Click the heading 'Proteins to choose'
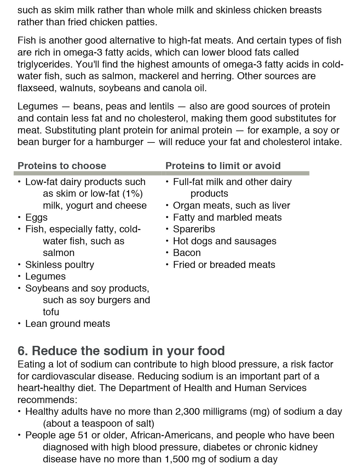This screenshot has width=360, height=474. [62, 166]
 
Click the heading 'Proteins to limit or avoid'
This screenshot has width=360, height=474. [223, 166]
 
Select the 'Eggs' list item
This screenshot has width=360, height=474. [36, 218]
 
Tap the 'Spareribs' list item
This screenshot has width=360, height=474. [194, 229]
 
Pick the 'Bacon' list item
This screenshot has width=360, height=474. [187, 253]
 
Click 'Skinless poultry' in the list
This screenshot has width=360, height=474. [60, 265]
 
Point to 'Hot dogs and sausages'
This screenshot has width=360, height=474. [225, 241]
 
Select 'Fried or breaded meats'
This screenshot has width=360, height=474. [224, 265]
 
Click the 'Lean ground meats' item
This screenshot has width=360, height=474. [68, 324]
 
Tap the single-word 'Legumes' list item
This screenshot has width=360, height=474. [46, 277]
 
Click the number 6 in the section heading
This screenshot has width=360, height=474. [22, 351]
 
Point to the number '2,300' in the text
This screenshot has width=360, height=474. [188, 412]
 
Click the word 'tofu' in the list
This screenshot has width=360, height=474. [51, 312]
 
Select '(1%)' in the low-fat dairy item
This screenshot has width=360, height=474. [132, 194]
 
